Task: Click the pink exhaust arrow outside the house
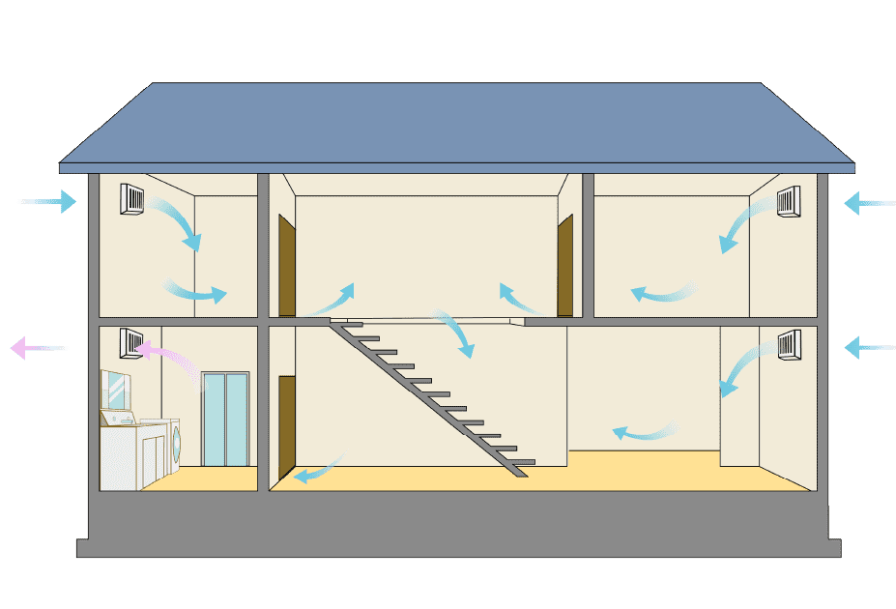click(34, 347)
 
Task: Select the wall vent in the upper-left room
click(132, 198)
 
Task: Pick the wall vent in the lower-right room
click(789, 343)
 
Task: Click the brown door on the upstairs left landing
click(286, 266)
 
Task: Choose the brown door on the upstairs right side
click(564, 266)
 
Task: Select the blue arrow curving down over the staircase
click(456, 332)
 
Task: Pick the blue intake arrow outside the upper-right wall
click(868, 203)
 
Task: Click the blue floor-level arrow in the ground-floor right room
click(644, 432)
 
